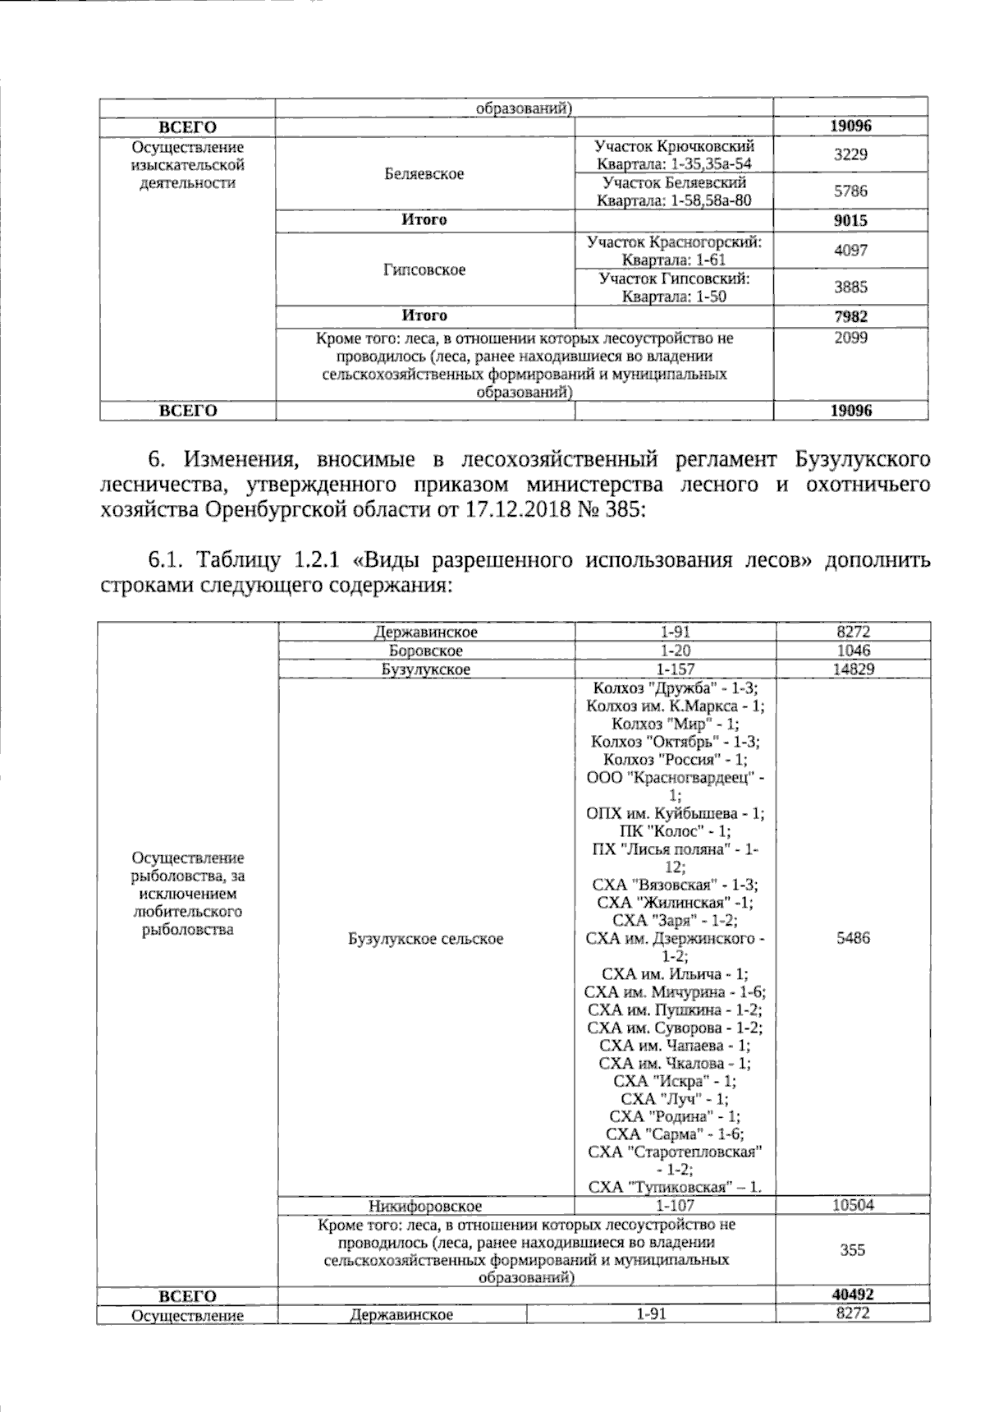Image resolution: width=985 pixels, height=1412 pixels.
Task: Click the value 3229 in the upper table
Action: (850, 155)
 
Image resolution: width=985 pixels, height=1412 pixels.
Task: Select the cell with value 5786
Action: (850, 191)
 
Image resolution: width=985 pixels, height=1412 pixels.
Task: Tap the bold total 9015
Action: (850, 220)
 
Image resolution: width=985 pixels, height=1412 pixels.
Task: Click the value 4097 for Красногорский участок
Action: (850, 251)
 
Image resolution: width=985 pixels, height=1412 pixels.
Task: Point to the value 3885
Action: (850, 287)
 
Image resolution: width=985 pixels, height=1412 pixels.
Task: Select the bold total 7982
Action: (850, 316)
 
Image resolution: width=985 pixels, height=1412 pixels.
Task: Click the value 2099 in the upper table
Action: (850, 338)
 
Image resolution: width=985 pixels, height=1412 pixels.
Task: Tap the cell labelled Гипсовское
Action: (424, 269)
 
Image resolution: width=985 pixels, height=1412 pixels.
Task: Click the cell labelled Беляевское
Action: (424, 173)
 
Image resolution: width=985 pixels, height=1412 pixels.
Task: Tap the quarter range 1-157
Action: (675, 669)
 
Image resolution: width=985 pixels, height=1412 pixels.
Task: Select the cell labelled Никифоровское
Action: (424, 1206)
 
